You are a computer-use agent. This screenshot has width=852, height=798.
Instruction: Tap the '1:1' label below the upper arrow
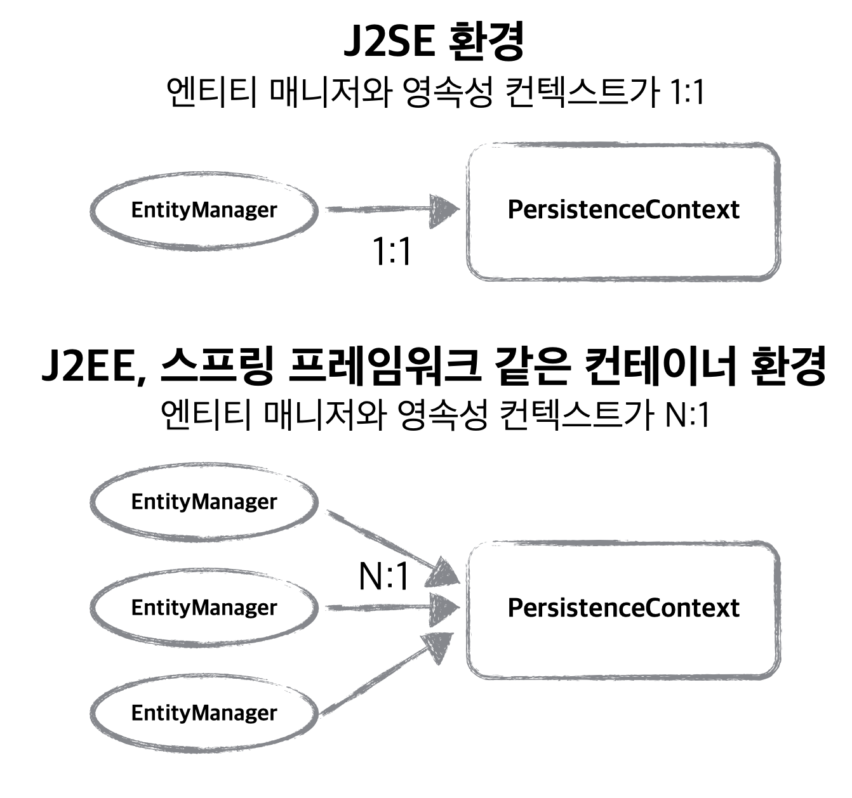392,252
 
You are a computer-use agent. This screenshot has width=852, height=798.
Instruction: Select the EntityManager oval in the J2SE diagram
204,210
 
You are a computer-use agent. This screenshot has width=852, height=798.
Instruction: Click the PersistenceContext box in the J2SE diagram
623,211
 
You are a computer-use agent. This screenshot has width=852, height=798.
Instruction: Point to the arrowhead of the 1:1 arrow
444,210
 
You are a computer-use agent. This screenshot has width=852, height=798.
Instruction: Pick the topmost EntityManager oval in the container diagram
204,502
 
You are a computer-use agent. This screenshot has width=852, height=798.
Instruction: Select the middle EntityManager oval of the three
204,608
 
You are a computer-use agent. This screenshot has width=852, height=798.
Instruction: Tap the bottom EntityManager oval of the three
204,713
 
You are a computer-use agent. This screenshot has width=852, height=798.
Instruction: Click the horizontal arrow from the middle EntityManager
387,608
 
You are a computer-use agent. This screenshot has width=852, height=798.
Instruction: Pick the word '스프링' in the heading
216,367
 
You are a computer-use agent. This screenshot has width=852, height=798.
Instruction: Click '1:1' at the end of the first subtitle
687,93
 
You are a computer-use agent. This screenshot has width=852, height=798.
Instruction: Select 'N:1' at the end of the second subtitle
688,415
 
